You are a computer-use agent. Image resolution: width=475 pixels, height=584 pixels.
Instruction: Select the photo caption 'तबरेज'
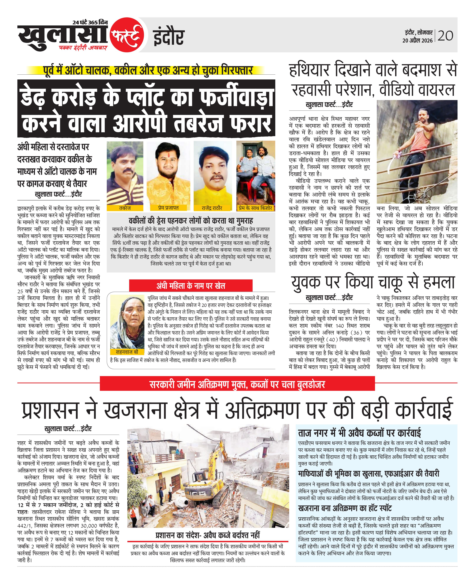pos(125,208)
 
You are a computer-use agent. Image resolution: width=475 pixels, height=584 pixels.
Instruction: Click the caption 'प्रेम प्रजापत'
pos(168,208)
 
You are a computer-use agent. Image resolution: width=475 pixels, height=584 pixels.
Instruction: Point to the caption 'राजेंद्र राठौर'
pos(212,208)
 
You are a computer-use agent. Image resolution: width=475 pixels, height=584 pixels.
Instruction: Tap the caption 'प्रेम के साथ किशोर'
pos(256,208)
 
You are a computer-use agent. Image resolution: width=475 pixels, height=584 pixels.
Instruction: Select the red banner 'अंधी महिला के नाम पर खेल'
pos(191,286)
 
